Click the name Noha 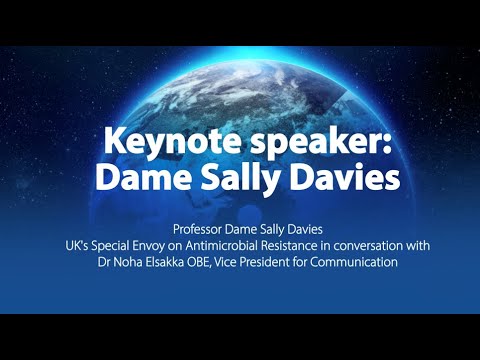[115, 262]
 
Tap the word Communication [360, 262]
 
